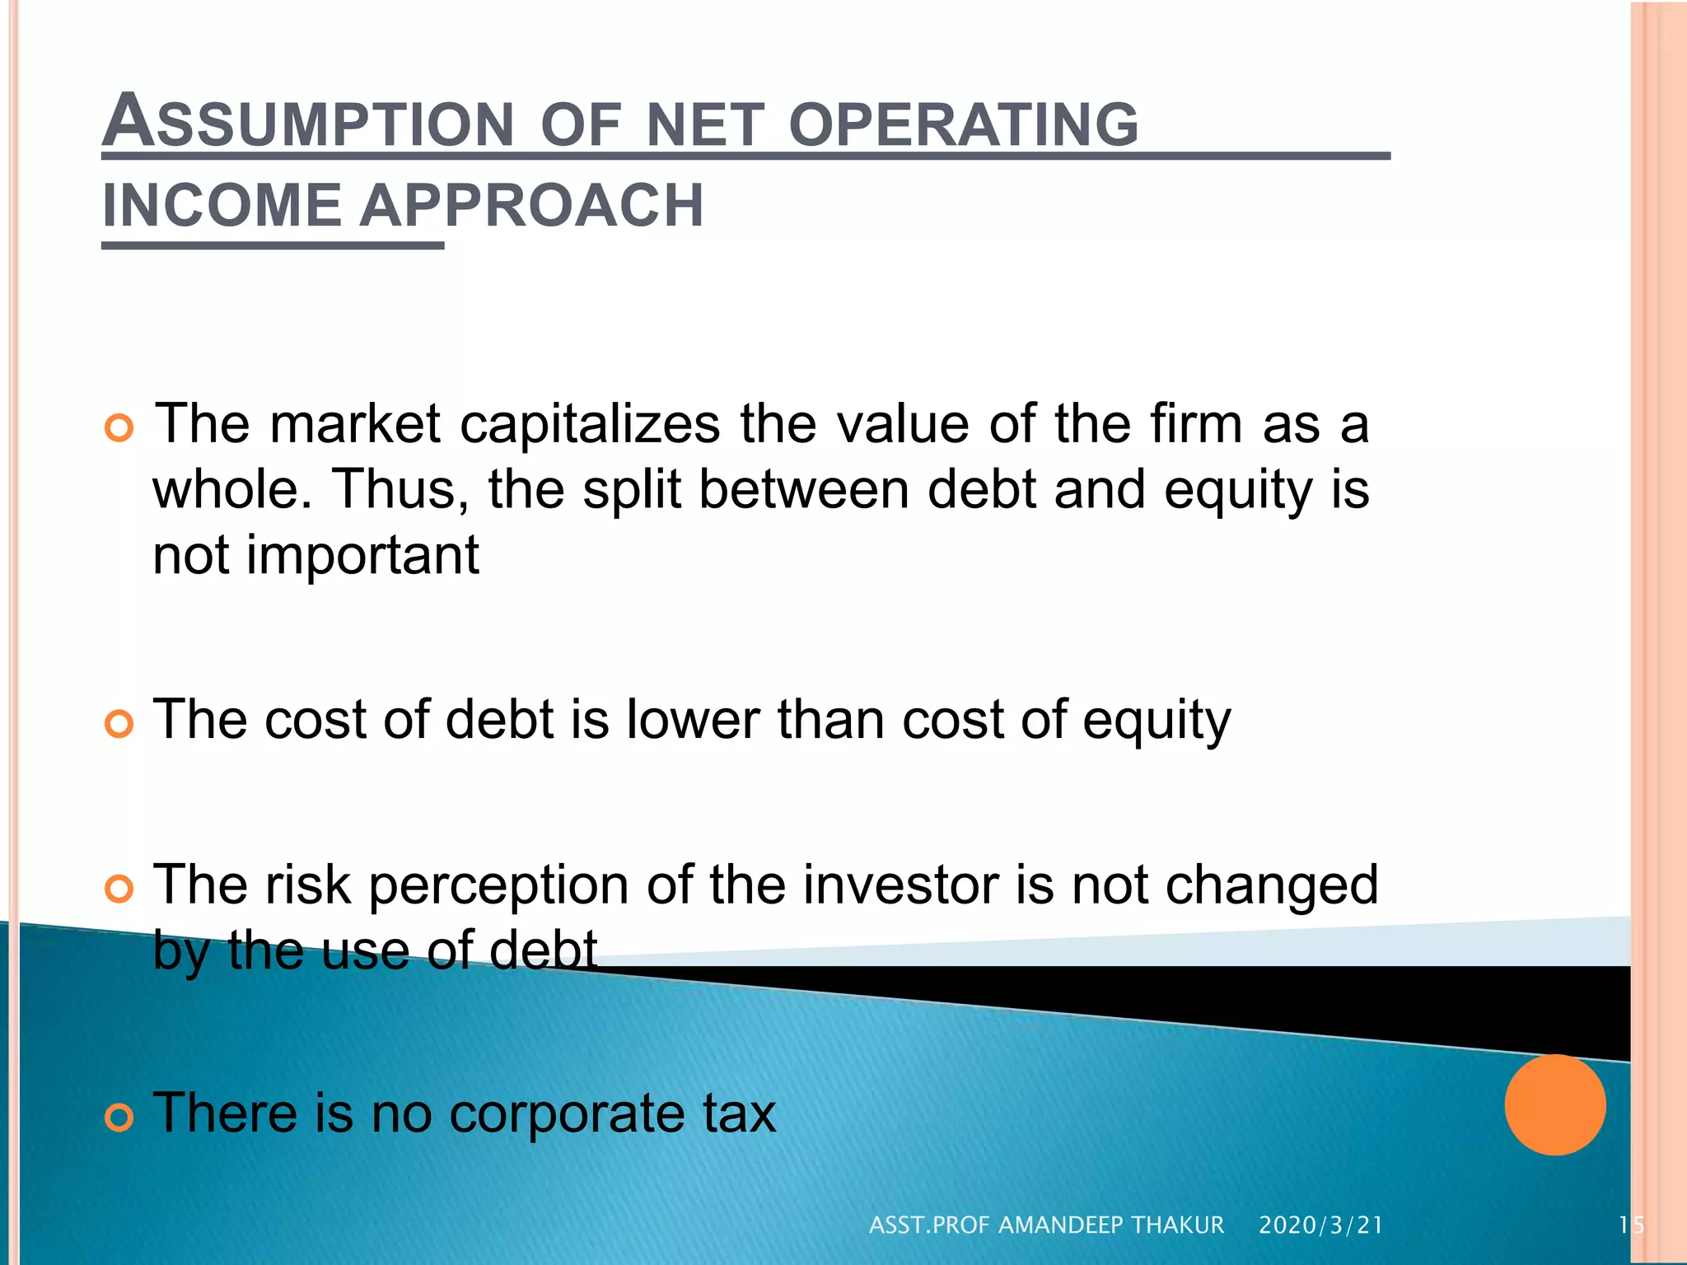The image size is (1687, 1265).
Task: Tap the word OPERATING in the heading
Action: [x=963, y=125]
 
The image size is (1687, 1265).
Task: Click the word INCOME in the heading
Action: [x=222, y=206]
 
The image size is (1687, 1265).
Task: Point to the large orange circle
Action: [x=1554, y=1104]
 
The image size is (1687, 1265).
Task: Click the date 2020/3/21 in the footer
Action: [x=1320, y=1225]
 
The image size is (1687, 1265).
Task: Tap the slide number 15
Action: [x=1630, y=1225]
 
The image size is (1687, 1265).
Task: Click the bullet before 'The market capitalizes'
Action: [x=119, y=428]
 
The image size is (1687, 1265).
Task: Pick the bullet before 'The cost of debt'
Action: [x=119, y=724]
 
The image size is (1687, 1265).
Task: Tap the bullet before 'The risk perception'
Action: [x=119, y=889]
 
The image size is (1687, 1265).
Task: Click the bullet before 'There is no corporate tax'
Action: [x=119, y=1118]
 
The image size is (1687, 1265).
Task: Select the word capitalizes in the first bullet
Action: [x=590, y=426]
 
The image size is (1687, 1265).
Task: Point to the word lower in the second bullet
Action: [x=692, y=720]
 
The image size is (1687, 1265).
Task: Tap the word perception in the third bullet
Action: [x=499, y=886]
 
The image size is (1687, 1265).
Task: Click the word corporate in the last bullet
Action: [x=567, y=1115]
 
